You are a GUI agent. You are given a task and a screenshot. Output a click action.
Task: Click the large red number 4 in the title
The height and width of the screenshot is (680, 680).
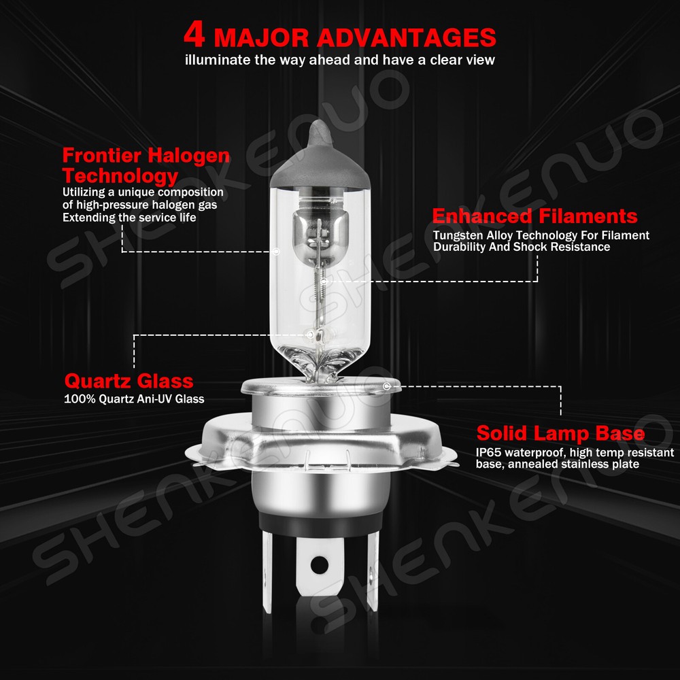(194, 34)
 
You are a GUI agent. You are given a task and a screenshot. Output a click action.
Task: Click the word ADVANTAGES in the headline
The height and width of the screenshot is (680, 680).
(407, 37)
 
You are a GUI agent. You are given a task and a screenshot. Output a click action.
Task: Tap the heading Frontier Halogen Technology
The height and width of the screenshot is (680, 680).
(146, 166)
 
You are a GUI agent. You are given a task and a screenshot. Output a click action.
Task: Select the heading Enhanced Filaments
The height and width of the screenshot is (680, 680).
(534, 216)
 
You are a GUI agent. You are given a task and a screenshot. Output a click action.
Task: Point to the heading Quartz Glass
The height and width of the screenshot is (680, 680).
(129, 381)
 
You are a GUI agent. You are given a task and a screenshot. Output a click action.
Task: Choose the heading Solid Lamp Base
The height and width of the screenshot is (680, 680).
(560, 433)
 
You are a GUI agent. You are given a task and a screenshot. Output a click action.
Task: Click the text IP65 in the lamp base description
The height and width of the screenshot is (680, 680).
(489, 452)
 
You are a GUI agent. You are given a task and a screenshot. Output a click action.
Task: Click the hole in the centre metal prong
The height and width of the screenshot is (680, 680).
(320, 564)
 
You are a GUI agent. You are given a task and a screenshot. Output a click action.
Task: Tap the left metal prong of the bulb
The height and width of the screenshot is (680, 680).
(267, 572)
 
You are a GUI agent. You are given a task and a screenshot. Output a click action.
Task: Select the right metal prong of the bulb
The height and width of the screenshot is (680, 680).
(373, 571)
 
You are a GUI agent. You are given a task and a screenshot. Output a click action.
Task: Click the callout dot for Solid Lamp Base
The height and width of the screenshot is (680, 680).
(387, 386)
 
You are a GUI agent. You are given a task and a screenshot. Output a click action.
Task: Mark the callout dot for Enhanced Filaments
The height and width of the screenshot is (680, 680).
(324, 282)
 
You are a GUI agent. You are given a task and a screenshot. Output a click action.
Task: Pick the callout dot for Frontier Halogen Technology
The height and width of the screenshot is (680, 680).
(276, 252)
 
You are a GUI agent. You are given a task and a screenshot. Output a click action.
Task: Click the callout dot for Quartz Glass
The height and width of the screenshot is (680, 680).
(309, 335)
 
